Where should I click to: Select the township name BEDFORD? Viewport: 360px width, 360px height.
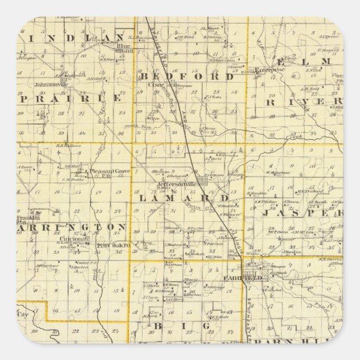187,77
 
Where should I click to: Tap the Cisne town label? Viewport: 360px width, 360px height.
154,86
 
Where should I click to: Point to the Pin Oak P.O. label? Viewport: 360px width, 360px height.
113,245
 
